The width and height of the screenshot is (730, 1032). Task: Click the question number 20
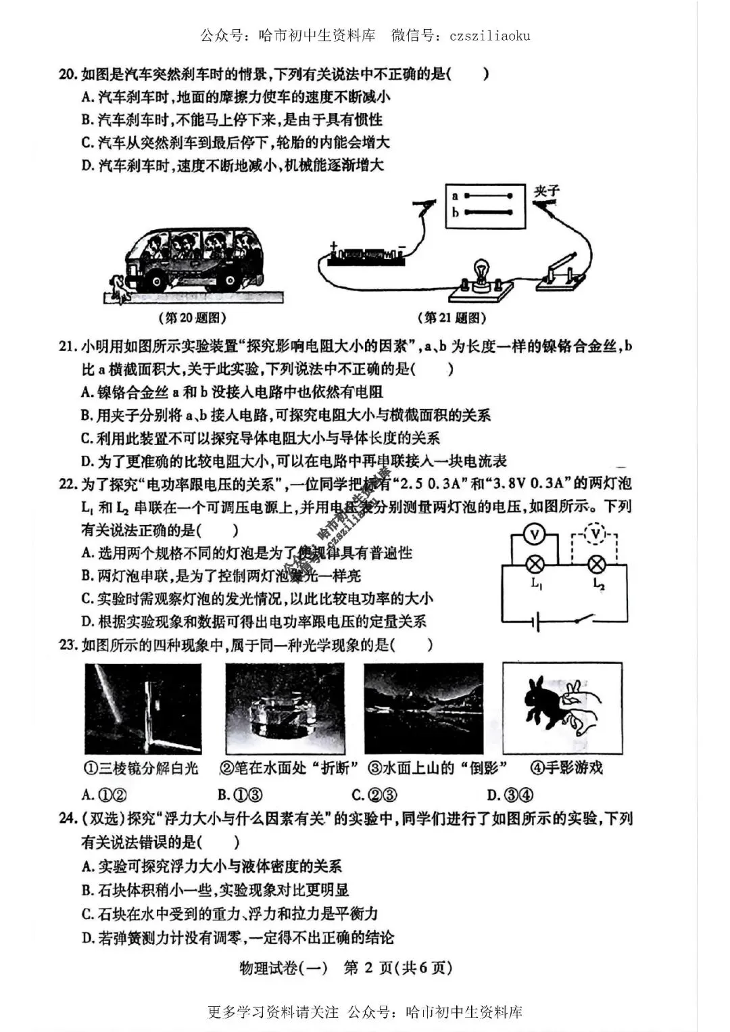pyautogui.click(x=68, y=74)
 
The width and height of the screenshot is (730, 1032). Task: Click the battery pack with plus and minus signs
pyautogui.click(x=366, y=255)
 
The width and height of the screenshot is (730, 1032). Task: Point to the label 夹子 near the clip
pyautogui.click(x=546, y=191)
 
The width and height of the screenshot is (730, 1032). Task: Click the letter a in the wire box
pyautogui.click(x=456, y=196)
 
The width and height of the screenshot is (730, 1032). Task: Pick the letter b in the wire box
pyautogui.click(x=456, y=212)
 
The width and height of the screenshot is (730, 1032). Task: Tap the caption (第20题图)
pyautogui.click(x=192, y=317)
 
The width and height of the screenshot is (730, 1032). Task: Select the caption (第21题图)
pyautogui.click(x=452, y=317)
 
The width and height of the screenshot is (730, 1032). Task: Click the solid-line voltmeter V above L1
pyautogui.click(x=535, y=536)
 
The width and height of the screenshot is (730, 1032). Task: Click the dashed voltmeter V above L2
pyautogui.click(x=595, y=534)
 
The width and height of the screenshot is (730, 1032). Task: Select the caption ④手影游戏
pyautogui.click(x=566, y=768)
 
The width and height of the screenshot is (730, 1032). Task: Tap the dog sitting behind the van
pyautogui.click(x=119, y=287)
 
